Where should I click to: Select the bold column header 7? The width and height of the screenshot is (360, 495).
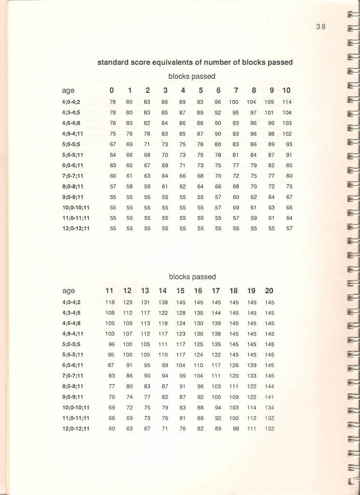click(236, 90)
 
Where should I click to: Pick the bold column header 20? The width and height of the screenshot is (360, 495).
click(269, 291)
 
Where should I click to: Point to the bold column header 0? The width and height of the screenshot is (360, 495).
click(112, 90)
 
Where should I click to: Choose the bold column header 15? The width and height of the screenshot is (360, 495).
click(180, 291)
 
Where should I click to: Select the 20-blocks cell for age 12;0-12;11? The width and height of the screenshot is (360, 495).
click(270, 429)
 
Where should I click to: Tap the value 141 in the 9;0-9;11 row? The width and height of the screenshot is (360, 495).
click(270, 397)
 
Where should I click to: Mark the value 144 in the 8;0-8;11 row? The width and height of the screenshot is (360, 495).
click(270, 387)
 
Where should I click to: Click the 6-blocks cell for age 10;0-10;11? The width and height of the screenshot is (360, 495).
click(217, 207)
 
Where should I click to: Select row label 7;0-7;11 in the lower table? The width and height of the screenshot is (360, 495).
click(75, 376)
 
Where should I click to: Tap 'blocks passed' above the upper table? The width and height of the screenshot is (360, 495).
click(192, 76)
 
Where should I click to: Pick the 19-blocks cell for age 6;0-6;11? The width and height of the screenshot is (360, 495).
click(252, 365)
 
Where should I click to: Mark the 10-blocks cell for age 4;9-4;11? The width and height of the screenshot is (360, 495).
click(287, 133)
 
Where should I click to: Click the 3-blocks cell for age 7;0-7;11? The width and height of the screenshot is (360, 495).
click(165, 175)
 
